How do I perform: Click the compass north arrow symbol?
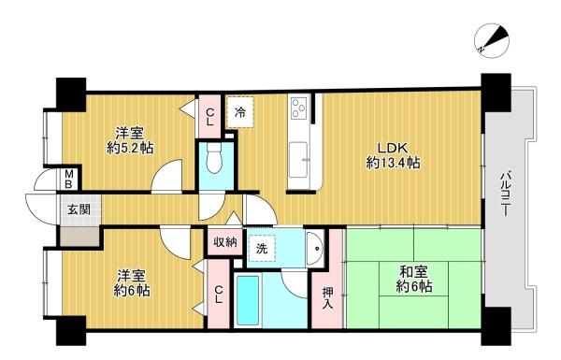[x=492, y=40]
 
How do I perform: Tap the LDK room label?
[x=393, y=148]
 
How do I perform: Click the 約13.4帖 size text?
[x=393, y=164]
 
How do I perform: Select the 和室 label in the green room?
[x=413, y=272]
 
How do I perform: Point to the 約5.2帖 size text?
[x=130, y=148]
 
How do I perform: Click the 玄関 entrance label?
[x=79, y=209]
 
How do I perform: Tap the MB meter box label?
[x=69, y=180]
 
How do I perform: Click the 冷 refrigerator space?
[x=240, y=112]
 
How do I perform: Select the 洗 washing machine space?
[x=262, y=249]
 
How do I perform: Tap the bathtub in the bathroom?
[x=248, y=300]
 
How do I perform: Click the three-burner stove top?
[x=300, y=108]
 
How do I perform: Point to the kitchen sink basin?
[x=298, y=160]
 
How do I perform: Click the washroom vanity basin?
[x=315, y=249]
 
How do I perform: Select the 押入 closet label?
[x=327, y=297]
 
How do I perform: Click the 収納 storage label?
[x=225, y=242]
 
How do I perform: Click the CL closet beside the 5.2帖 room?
[x=210, y=117]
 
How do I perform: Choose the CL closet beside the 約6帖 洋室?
[x=219, y=294]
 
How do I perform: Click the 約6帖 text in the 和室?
[x=413, y=287]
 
